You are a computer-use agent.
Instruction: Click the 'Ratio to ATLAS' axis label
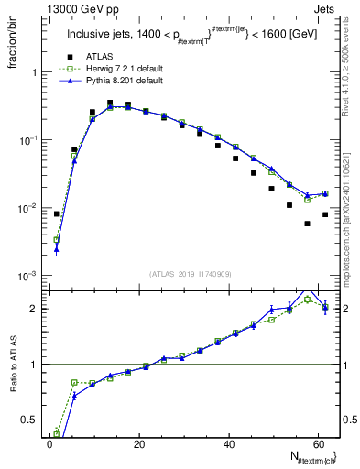coord(14,365)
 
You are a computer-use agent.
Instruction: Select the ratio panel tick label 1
coord(38,365)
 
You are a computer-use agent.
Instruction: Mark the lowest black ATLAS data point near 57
coord(307,224)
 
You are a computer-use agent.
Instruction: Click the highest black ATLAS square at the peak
coord(110,103)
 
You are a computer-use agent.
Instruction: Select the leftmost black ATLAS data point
coord(57,214)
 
